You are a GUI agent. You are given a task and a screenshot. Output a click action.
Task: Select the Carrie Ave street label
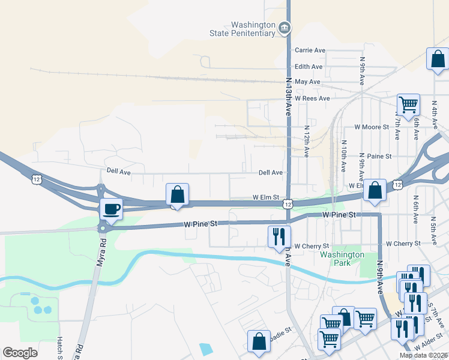(x=310, y=50)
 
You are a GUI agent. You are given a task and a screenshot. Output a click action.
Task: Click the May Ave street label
(x=308, y=82)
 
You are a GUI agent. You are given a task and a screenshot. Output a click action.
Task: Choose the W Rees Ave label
(x=312, y=98)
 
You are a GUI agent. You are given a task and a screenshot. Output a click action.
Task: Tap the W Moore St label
(x=373, y=127)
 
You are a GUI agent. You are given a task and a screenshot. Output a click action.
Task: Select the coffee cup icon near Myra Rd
(x=112, y=209)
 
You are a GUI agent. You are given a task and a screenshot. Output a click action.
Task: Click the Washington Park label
(x=342, y=259)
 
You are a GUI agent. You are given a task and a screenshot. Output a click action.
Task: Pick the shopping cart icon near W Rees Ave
(x=408, y=104)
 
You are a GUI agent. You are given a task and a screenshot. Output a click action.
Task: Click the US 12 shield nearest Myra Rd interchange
(x=37, y=179)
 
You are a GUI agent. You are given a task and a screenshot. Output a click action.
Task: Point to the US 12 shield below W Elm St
(x=288, y=205)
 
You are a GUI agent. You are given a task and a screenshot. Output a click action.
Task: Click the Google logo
(x=20, y=353)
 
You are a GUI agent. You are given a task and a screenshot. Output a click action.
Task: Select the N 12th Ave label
(x=307, y=141)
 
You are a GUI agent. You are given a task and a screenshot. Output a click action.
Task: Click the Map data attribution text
(x=424, y=355)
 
